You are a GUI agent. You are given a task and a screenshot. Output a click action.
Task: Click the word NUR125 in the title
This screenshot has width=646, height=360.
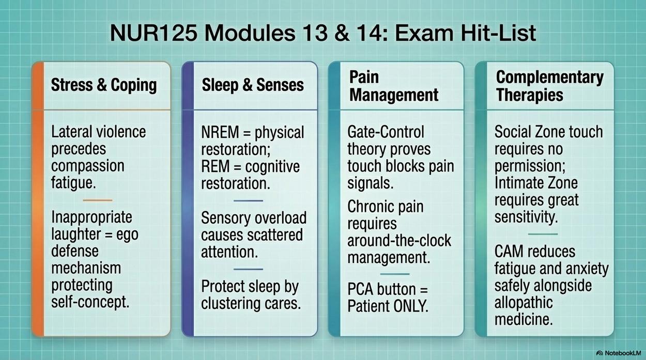[153, 33]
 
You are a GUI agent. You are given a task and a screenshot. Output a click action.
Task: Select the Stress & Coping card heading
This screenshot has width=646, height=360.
[104, 85]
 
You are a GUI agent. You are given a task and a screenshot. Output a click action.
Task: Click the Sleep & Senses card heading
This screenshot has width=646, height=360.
[253, 85]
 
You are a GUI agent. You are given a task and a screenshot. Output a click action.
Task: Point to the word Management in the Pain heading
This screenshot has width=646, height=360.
[394, 95]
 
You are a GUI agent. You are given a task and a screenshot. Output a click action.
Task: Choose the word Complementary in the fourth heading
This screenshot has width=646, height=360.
[550, 77]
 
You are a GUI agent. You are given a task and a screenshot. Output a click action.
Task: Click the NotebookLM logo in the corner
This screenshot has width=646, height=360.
[618, 353]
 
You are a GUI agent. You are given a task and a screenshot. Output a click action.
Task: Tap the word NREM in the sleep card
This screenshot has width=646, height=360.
[220, 132]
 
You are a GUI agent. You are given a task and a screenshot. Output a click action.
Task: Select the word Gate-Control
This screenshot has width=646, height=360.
[386, 132]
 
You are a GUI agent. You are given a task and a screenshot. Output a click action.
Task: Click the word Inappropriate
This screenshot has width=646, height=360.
[91, 217]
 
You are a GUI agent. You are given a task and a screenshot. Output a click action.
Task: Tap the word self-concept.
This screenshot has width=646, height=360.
[90, 302]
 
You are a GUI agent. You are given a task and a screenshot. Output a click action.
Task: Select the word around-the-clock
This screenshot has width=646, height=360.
[399, 241]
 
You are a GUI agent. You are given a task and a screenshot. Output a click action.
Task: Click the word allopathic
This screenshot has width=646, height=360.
[524, 303]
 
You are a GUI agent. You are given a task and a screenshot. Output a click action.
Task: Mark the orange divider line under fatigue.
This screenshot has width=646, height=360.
[98, 200]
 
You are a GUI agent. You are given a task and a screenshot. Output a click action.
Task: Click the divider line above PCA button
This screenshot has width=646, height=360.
[395, 274]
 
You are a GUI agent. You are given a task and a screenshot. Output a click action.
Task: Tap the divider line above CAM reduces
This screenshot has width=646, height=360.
[543, 234]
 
